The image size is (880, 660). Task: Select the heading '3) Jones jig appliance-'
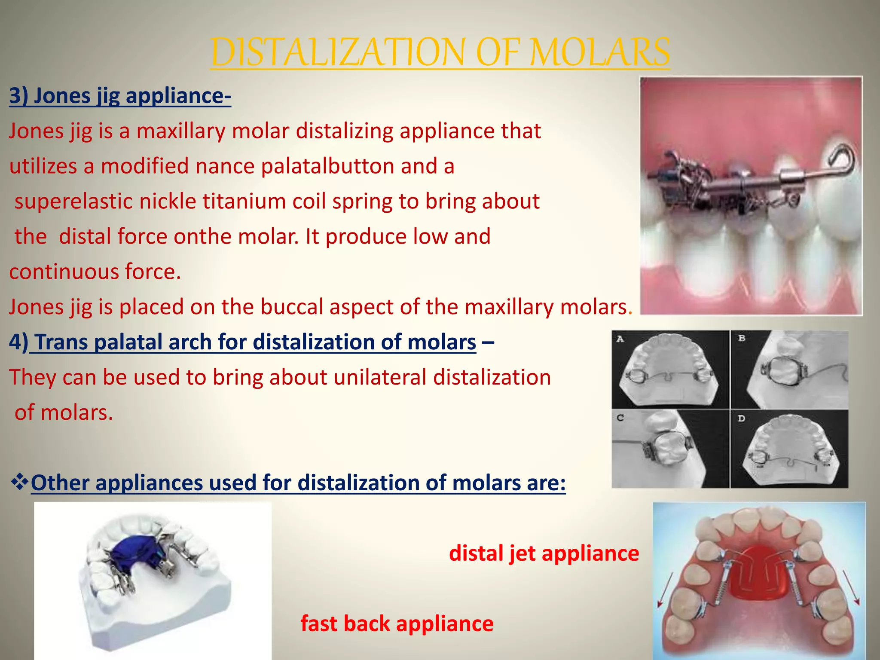(120, 96)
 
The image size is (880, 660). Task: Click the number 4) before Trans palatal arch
(18, 342)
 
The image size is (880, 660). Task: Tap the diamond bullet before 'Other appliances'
(19, 482)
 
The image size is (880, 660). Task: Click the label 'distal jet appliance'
(544, 553)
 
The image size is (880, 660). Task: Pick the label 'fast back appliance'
(397, 623)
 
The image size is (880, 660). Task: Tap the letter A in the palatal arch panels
(620, 339)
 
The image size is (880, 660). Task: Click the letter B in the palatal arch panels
(742, 339)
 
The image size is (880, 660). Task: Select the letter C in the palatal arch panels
(620, 418)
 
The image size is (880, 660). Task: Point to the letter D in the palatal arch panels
(742, 418)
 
